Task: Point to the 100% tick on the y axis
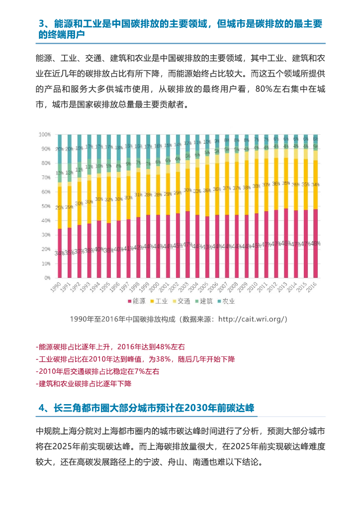[45, 135]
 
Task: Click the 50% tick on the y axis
[46, 206]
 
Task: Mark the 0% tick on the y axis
[47, 277]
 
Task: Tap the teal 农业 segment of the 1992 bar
[79, 148]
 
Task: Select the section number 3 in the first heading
[42, 24]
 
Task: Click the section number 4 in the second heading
[42, 408]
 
